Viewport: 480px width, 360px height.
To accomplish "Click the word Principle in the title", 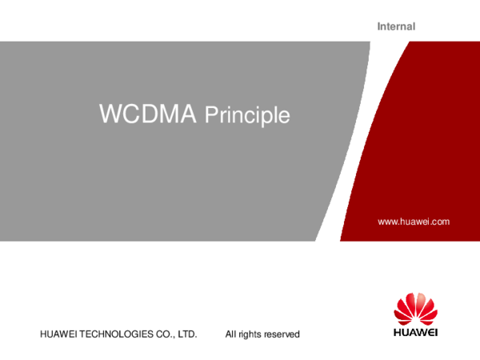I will pos(246,116).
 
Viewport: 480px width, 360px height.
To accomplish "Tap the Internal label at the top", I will pos(396,26).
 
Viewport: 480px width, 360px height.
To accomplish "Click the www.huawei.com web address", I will pos(414,221).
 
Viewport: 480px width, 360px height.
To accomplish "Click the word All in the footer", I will pos(231,334).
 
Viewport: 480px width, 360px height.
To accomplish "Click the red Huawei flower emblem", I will pos(414,308).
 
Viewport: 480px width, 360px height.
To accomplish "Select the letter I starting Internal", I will pos(378,26).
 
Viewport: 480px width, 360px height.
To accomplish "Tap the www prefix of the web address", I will pos(387,221).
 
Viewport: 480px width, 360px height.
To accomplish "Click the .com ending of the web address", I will pos(441,221).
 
